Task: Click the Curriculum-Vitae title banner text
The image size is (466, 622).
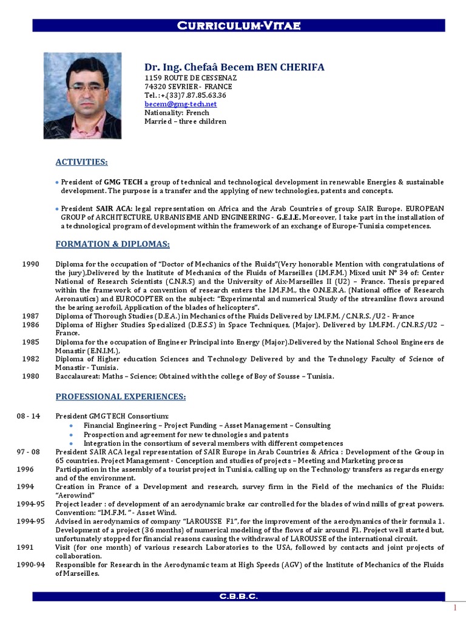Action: pos(238,25)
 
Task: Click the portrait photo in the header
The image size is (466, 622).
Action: pos(82,95)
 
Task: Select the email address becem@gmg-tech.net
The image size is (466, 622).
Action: pos(180,104)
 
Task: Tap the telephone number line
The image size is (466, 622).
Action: pos(185,95)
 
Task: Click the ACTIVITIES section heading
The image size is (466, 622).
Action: pos(82,162)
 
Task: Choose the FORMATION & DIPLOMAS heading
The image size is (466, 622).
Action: pos(112,244)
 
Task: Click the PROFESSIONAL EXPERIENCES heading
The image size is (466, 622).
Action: pos(121,397)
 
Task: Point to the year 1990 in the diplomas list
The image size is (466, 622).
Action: pos(30,264)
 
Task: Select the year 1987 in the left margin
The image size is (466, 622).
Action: pos(30,316)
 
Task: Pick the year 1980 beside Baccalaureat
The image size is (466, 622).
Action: pos(30,377)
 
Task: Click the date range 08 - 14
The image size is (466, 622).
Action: pos(29,416)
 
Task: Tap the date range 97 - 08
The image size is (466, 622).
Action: pos(29,452)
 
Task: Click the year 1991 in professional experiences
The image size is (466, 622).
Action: pos(25,547)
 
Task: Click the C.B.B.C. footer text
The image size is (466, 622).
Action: pos(238,596)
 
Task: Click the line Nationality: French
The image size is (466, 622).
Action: pos(177,112)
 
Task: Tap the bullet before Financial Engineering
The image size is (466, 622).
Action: pos(71,426)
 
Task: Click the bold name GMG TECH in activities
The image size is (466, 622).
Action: pos(123,182)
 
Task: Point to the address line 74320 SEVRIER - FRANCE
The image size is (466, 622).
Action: pos(188,87)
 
